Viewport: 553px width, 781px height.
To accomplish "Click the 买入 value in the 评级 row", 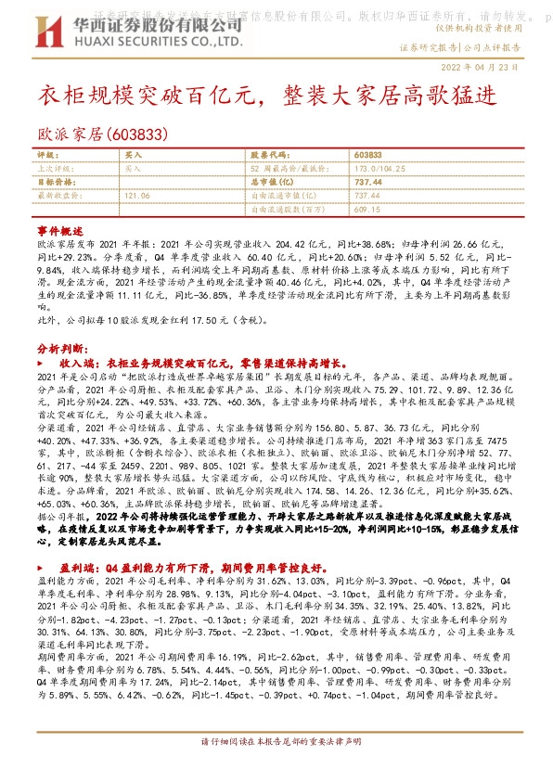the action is click(x=134, y=155).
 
